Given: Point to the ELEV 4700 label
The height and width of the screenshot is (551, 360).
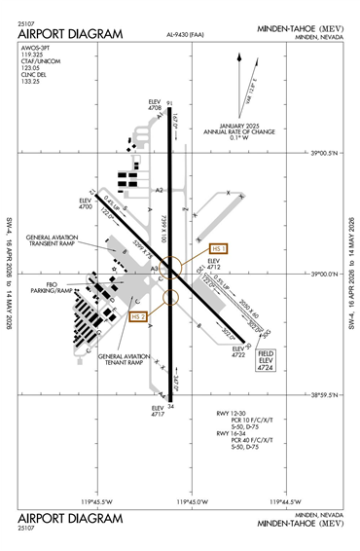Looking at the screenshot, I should click(x=85, y=204).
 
